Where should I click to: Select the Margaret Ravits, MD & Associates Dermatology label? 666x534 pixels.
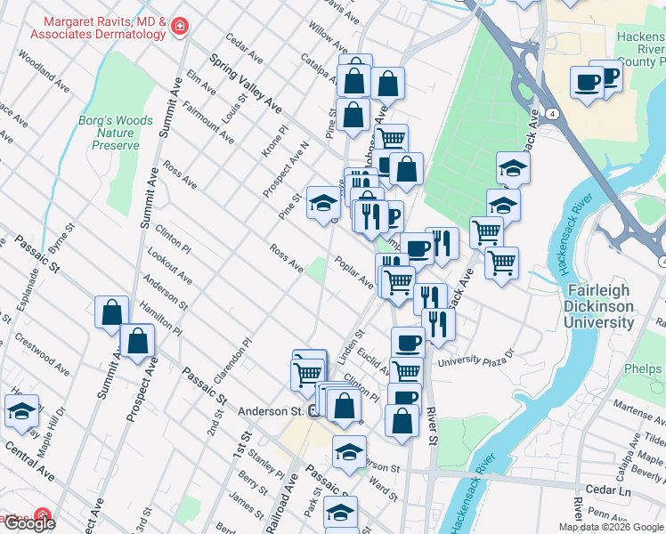click(98, 28)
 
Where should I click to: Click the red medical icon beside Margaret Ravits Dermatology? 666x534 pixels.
click(180, 28)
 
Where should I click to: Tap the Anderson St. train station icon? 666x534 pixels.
click(314, 411)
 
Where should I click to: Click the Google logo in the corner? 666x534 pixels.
click(28, 523)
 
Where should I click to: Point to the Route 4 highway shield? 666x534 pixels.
click(553, 114)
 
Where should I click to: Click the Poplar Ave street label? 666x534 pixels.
click(353, 271)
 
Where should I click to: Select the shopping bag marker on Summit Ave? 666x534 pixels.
click(111, 312)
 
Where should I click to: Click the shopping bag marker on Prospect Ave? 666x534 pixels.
click(138, 341)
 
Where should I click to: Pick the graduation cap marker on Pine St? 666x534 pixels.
click(322, 203)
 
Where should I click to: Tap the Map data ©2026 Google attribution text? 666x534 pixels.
click(611, 527)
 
